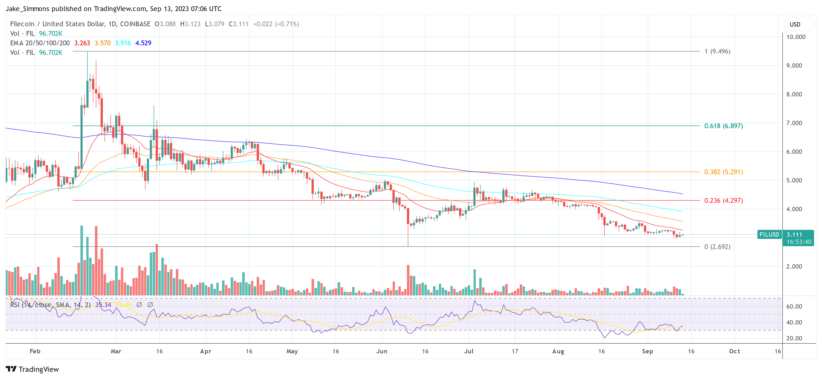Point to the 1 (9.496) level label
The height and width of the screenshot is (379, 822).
pos(717,51)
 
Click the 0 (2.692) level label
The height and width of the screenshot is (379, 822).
pos(717,246)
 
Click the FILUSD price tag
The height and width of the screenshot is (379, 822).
pos(769,235)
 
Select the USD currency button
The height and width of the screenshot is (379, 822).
pos(795,24)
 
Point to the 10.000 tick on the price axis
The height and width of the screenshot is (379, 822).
pos(795,37)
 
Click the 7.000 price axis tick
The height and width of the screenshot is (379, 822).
pos(794,123)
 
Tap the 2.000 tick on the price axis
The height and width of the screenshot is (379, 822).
pos(794,266)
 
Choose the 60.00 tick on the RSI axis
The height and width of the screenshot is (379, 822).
pos(794,306)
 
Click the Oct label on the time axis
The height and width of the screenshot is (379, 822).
pos(734,351)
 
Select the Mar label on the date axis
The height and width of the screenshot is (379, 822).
pos(116,351)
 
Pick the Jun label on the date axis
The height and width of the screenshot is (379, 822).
pos(382,351)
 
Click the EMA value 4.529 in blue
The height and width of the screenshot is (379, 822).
pos(143,43)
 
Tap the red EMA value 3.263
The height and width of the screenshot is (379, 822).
pos(82,43)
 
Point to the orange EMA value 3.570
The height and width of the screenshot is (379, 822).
pos(102,43)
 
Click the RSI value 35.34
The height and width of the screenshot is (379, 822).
pos(103,305)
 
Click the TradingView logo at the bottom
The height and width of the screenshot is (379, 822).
pos(32,369)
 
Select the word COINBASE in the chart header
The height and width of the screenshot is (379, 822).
pos(135,24)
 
